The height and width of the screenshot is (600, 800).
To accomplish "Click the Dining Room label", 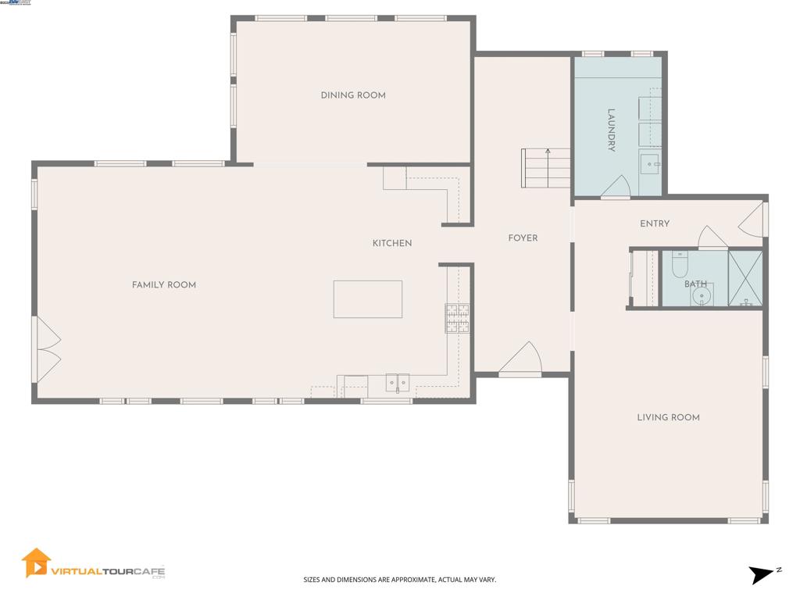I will tap(353, 95).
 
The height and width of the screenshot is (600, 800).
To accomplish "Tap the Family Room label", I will tap(164, 285).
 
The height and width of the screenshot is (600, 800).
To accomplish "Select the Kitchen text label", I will tap(391, 244).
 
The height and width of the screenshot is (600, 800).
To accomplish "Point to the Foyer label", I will tap(523, 238).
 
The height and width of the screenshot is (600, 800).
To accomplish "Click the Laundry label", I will tap(612, 130).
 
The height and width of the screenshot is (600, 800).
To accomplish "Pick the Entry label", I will tap(655, 224).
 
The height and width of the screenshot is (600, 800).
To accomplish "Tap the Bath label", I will tap(695, 284).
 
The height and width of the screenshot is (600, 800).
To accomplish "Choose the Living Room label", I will tap(668, 418).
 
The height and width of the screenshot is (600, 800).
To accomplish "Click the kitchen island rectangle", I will tap(368, 299).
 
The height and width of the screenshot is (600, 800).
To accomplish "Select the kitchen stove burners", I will tap(458, 319).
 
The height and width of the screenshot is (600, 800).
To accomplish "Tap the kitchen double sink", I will tap(398, 383).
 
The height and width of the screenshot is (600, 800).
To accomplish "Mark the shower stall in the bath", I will tap(745, 278).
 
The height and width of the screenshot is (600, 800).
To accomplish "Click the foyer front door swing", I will tap(522, 359).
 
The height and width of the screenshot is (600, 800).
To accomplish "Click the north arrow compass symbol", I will tap(762, 575).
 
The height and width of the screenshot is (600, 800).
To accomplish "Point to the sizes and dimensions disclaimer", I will tap(399, 580).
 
